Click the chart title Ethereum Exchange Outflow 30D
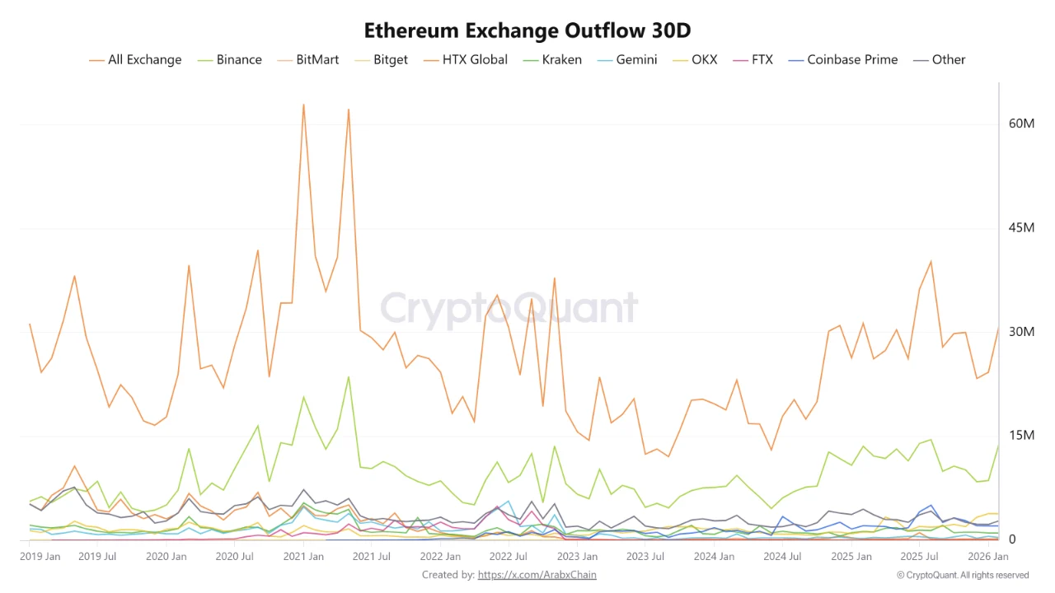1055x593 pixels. click(x=527, y=30)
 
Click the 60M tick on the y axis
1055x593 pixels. click(x=1021, y=124)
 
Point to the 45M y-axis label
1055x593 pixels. click(x=1021, y=228)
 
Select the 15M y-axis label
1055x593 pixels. click(x=1021, y=436)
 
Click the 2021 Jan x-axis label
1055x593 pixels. click(x=303, y=557)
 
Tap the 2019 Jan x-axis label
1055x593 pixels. click(x=40, y=557)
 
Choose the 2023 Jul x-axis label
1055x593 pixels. click(x=645, y=557)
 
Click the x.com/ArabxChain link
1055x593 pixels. click(x=537, y=575)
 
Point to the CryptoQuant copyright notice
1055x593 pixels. click(x=962, y=575)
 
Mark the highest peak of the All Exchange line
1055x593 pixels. click(x=303, y=105)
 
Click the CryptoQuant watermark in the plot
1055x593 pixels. click(x=509, y=308)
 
